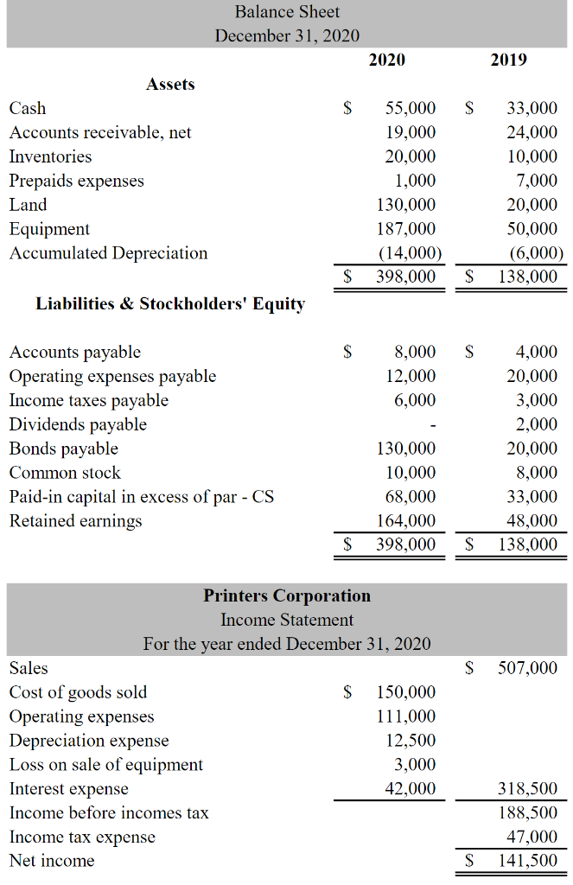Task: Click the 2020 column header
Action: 386,60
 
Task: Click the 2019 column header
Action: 508,60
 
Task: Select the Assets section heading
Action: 170,84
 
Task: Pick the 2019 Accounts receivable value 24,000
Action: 532,132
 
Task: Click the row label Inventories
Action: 50,156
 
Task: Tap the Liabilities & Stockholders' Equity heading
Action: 170,303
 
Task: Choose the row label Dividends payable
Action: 78,424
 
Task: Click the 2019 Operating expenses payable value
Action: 532,376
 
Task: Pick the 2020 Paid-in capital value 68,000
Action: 411,496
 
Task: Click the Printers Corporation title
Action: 287,595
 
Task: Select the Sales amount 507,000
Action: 527,668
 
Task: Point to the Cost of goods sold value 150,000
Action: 406,692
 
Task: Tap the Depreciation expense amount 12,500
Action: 411,741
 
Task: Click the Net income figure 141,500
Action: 527,861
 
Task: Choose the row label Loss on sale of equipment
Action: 106,765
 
